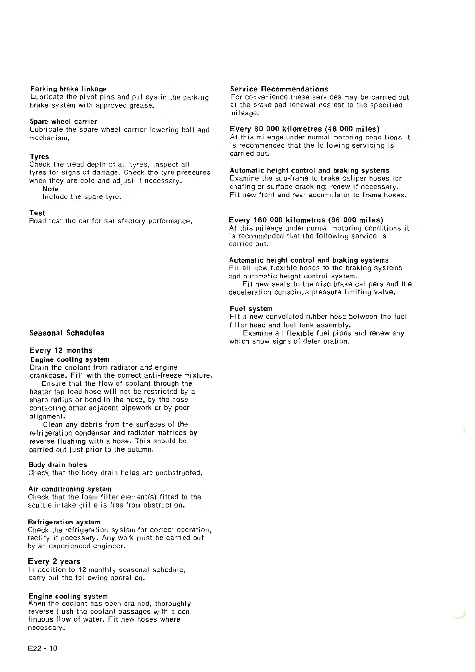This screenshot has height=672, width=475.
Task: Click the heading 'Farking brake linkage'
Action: coord(68,89)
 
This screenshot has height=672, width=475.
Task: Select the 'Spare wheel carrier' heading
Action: coord(63,121)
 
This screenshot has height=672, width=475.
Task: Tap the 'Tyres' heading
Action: coord(39,157)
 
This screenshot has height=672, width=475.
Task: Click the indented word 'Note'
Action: coord(50,189)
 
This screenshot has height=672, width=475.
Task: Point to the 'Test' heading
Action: coord(37,213)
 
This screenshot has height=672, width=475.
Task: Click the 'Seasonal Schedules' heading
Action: coord(67,333)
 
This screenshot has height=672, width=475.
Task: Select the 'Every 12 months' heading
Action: coord(61,350)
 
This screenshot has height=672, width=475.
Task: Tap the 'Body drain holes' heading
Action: coord(57,465)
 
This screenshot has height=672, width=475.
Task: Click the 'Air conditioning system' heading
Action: coord(69,489)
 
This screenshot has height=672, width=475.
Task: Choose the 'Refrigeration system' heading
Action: coord(64,522)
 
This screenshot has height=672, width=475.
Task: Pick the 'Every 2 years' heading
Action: coord(54,561)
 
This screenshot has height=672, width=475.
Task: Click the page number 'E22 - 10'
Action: coord(42,648)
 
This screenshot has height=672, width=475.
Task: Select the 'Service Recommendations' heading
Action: coord(279,89)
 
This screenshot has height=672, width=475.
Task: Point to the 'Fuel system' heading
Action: coord(251,309)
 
